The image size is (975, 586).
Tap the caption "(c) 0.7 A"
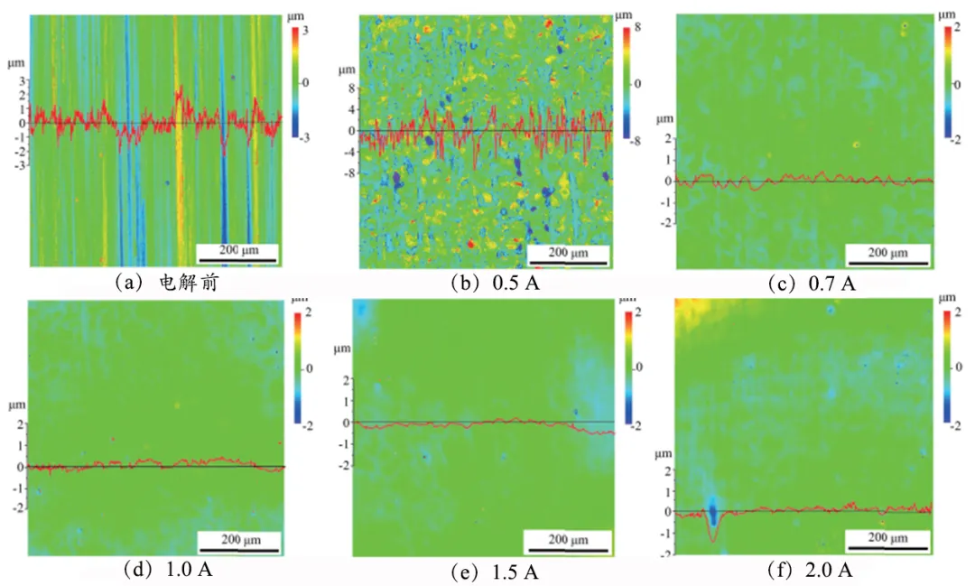click(x=809, y=283)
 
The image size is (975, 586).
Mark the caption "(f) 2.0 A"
click(x=808, y=570)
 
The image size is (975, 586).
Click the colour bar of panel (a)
click(x=296, y=82)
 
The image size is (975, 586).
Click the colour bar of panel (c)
click(x=946, y=82)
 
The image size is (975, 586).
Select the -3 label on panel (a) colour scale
click(x=308, y=138)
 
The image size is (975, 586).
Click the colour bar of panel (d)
click(x=296, y=368)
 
